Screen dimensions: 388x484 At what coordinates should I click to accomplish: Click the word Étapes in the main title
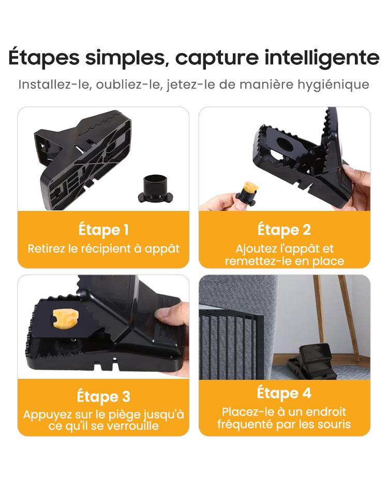(x=44, y=58)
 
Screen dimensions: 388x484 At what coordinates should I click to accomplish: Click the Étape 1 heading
(x=103, y=230)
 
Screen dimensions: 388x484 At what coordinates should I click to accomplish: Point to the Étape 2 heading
(x=284, y=230)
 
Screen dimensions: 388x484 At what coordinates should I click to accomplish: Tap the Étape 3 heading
(x=103, y=396)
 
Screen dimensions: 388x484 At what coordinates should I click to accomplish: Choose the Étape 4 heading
(x=284, y=393)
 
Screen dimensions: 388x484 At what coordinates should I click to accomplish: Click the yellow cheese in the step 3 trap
(x=65, y=318)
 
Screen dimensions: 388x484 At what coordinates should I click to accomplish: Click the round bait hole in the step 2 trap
(x=286, y=144)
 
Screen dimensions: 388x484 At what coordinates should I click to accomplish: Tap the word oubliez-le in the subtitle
(x=129, y=85)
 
